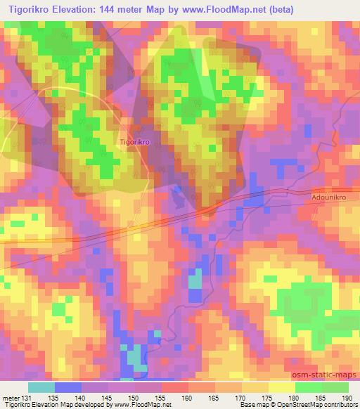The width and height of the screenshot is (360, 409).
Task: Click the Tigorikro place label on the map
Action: tap(136, 141)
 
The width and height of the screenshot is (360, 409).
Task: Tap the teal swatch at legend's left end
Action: tap(41, 387)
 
